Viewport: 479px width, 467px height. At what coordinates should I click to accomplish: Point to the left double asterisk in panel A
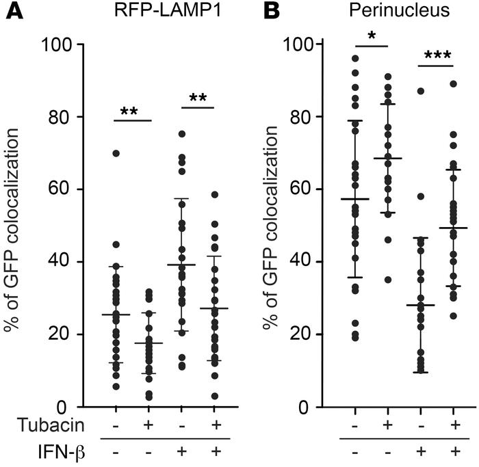coord(131,111)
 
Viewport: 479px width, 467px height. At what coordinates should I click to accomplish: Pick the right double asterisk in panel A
coord(198,99)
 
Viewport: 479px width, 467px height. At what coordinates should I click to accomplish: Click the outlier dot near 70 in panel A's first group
coord(116,153)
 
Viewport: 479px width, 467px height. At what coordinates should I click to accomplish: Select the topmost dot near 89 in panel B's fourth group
coord(453,84)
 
